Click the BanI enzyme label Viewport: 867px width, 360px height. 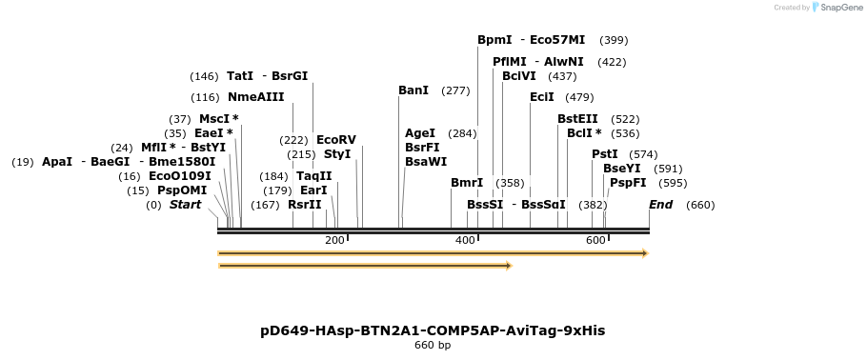tap(413, 90)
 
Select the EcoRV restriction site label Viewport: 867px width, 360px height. tap(335, 139)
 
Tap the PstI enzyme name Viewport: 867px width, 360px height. tap(604, 154)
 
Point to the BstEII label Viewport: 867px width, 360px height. tap(577, 119)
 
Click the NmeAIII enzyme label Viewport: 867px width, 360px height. tap(255, 97)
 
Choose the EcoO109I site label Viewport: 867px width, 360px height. tap(179, 176)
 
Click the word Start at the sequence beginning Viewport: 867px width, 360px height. tap(185, 205)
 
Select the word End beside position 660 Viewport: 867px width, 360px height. tap(660, 205)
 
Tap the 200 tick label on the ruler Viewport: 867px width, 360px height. tap(334, 240)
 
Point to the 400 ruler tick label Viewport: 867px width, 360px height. tap(465, 240)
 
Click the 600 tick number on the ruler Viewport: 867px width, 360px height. tap(595, 240)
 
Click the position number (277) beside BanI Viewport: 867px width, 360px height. tap(455, 90)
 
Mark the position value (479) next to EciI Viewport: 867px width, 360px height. tap(579, 97)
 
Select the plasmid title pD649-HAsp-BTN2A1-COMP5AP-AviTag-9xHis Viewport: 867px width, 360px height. tap(433, 330)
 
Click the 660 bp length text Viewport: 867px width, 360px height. tap(433, 345)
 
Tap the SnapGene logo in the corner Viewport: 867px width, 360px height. tap(835, 8)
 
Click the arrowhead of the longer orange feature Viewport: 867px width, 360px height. tap(645, 253)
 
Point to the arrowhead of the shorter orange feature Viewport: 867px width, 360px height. tap(509, 266)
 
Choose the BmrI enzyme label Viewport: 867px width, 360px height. tap(467, 183)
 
